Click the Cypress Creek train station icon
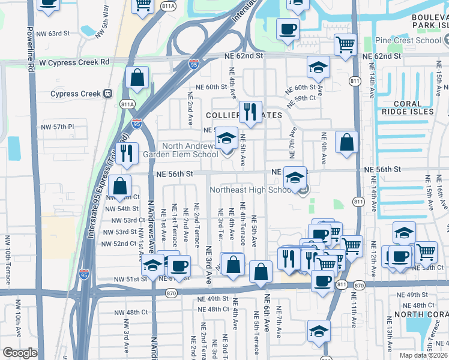click(x=108, y=94)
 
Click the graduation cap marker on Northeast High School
click(x=295, y=177)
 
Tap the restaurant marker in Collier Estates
click(x=250, y=111)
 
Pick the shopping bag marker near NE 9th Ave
click(x=347, y=142)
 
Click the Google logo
click(x=20, y=353)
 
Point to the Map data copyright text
click(x=424, y=355)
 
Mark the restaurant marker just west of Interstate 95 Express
click(x=127, y=153)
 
